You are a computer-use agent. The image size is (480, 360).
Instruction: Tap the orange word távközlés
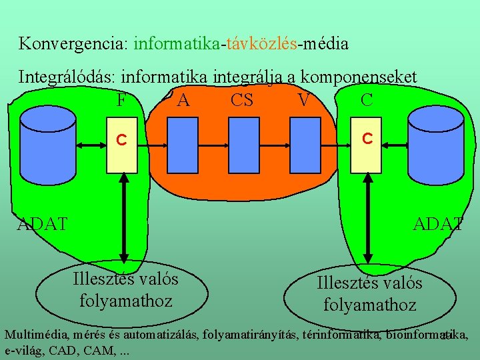261,44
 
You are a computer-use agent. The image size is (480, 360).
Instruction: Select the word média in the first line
325,44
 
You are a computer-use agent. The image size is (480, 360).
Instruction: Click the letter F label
121,101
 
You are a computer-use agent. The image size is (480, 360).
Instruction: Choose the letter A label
183,101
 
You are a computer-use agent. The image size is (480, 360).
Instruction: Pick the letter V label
303,101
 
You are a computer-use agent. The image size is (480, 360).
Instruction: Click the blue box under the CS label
242,145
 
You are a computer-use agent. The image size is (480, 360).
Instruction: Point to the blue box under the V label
303,145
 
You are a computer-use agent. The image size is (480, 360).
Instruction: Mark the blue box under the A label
181,145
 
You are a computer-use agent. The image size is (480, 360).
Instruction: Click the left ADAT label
42,224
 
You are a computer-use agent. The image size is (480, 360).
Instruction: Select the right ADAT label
437,224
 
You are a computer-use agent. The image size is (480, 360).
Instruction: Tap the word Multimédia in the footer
37,333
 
